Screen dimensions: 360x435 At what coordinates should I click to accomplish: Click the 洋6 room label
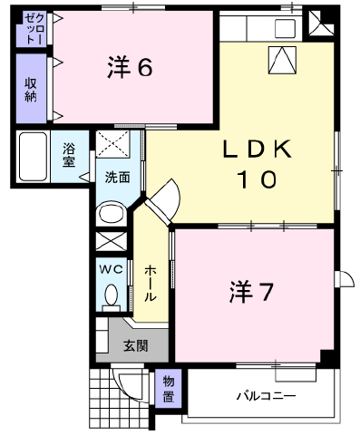[x=130, y=67]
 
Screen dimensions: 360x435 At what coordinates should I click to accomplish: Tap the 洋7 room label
[x=251, y=292]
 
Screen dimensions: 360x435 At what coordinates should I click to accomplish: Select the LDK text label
[x=258, y=149]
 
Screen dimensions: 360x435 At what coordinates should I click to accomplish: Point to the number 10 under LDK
[x=258, y=179]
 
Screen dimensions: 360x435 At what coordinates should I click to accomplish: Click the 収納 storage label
[x=31, y=90]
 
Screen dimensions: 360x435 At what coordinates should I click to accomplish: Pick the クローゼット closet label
[x=32, y=29]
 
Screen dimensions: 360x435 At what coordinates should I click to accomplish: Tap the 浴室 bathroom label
[x=69, y=155]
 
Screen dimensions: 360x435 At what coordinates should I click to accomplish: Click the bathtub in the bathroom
[x=33, y=156]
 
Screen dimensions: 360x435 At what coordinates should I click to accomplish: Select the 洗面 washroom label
[x=118, y=178]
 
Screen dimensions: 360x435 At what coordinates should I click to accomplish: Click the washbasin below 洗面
[x=112, y=213]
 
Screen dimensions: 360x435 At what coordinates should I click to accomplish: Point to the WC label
[x=112, y=269]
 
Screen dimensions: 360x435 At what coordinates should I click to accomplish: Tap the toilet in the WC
[x=112, y=297]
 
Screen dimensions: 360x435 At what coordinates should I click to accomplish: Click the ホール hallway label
[x=150, y=284]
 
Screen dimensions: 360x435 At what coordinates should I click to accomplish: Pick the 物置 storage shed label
[x=169, y=390]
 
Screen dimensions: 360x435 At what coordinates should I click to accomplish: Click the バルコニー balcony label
[x=266, y=396]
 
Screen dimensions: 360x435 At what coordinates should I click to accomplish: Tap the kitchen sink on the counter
[x=285, y=28]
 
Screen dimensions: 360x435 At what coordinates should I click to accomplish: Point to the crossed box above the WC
[x=112, y=241]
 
